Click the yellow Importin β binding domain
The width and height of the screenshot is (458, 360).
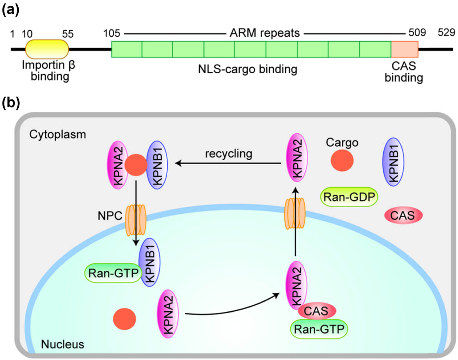point(47,49)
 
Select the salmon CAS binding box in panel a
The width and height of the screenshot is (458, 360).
point(404,49)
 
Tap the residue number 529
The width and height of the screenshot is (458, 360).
point(446,32)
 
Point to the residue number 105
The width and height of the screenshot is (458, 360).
point(112,33)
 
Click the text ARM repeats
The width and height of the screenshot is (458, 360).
point(265,33)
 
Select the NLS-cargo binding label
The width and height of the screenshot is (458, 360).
point(247,69)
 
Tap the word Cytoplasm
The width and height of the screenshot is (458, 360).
point(57,134)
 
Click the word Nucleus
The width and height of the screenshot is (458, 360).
point(63,344)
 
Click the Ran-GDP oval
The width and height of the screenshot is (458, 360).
point(349,197)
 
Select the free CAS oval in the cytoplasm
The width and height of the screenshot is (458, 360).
point(403,215)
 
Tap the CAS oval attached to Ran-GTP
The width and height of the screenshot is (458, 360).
point(316,311)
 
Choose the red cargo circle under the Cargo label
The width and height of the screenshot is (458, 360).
point(342,160)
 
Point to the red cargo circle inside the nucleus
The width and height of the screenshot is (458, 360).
point(124,319)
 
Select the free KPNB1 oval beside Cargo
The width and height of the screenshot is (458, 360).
point(393,162)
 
